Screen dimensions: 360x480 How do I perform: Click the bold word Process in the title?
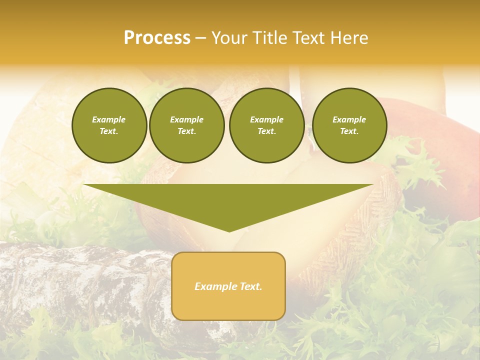157,38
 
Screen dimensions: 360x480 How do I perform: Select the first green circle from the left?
109,125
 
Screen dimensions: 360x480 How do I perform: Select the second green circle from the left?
186,125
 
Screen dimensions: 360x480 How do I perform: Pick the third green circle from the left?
266,125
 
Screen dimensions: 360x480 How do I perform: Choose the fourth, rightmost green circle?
349,125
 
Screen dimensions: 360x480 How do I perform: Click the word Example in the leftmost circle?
109,119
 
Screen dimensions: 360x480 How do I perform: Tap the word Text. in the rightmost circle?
349,131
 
